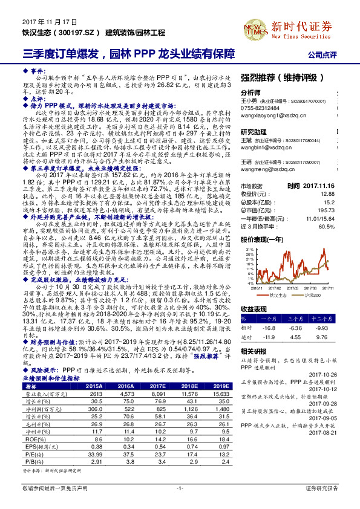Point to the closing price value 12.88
coord(327,194)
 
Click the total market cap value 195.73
coord(326,210)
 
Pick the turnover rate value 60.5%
coord(326,226)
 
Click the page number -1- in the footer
coord(180,487)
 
